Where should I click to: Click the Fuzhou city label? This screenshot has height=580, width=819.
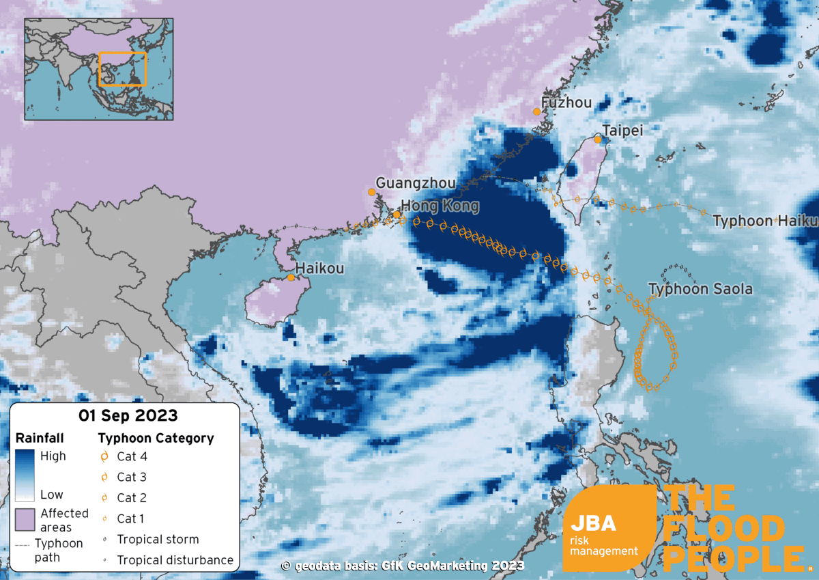(x=566, y=104)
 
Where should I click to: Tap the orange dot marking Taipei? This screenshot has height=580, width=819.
(x=598, y=139)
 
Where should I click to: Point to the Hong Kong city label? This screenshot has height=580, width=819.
(x=440, y=206)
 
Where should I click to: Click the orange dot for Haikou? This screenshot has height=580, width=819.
(x=291, y=277)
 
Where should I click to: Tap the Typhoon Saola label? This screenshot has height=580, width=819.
(x=700, y=289)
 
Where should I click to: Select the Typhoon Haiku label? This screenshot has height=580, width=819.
(x=764, y=221)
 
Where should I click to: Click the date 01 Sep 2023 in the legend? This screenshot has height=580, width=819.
(x=128, y=415)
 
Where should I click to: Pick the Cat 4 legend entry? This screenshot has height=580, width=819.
(x=132, y=456)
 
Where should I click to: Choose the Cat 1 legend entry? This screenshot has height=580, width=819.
(x=130, y=519)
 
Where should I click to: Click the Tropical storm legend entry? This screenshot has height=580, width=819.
(x=158, y=540)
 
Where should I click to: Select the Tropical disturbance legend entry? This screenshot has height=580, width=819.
(x=175, y=560)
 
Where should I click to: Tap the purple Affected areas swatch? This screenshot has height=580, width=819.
(x=25, y=520)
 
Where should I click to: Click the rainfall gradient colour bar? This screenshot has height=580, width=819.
(x=25, y=475)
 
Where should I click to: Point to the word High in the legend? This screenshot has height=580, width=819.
(x=53, y=456)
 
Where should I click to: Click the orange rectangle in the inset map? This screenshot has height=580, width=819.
(x=123, y=69)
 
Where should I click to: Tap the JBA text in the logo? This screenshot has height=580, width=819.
(x=593, y=524)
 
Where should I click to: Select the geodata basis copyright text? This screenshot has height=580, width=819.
(x=403, y=566)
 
